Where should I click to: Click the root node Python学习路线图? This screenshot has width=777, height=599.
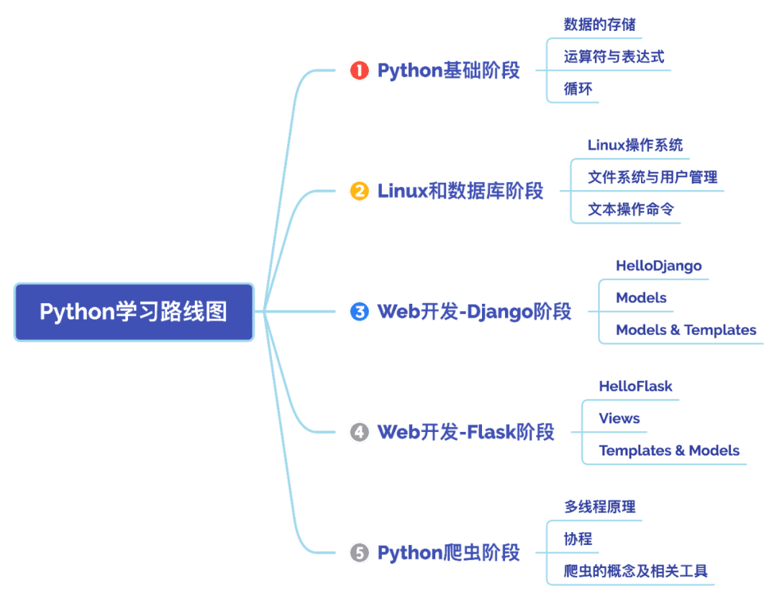point(134,312)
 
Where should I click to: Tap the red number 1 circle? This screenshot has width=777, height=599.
point(359,71)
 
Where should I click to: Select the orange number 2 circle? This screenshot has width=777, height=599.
point(359,192)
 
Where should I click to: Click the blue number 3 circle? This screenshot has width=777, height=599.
point(359,312)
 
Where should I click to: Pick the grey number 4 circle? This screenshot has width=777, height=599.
point(359,432)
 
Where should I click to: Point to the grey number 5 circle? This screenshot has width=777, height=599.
point(359,553)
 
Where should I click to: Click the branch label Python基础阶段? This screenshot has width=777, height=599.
point(448,71)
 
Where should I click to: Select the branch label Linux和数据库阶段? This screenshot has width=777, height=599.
point(460,192)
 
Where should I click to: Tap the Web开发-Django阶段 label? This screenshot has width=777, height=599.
point(474,312)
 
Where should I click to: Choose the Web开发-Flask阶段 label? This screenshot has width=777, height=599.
point(465,432)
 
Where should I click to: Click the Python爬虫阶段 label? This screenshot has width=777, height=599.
point(448,553)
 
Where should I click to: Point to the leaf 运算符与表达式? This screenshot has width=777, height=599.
point(614,57)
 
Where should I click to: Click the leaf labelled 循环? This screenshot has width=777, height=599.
point(578,89)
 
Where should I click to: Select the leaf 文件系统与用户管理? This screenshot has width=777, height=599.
point(653,177)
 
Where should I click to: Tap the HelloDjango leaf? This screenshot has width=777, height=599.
point(658,266)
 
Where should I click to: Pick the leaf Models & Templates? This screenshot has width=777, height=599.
point(686,330)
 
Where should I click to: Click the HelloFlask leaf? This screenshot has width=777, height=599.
point(635,387)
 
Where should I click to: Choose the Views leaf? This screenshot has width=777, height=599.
point(619,419)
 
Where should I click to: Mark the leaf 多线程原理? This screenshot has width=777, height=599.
point(599,507)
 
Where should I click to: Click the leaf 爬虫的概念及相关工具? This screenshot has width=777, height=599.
point(635,572)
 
